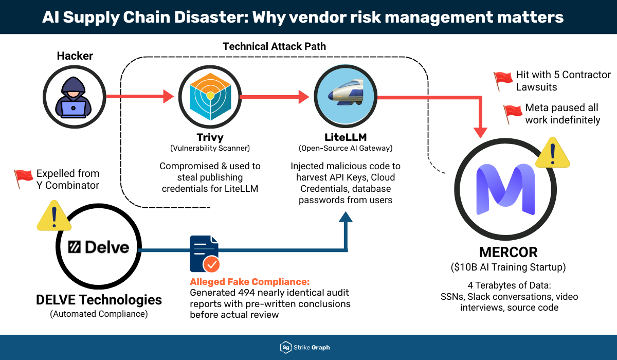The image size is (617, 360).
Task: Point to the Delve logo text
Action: [99, 247]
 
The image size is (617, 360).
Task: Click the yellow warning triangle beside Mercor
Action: [552, 153]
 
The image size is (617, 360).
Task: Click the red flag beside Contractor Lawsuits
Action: [503, 80]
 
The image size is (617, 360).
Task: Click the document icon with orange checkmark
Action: [204, 254]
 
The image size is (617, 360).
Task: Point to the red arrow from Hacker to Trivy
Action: [139, 96]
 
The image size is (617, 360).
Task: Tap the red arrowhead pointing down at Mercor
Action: [481, 131]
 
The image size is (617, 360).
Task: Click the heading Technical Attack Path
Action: [274, 46]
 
